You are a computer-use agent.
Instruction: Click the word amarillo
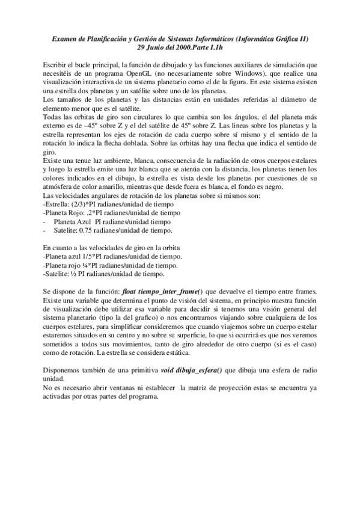click(118, 190)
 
